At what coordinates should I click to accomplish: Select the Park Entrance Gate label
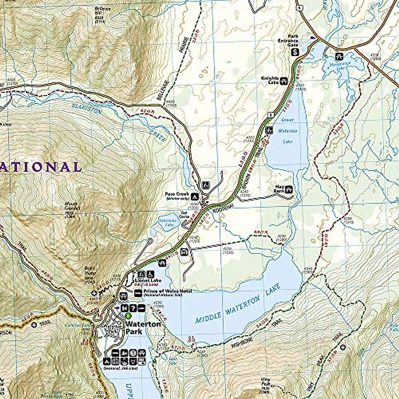click(x=288, y=40)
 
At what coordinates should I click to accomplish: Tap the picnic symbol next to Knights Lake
click(x=284, y=80)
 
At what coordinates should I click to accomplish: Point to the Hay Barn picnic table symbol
click(x=289, y=189)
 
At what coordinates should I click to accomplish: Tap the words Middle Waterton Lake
click(x=238, y=303)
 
